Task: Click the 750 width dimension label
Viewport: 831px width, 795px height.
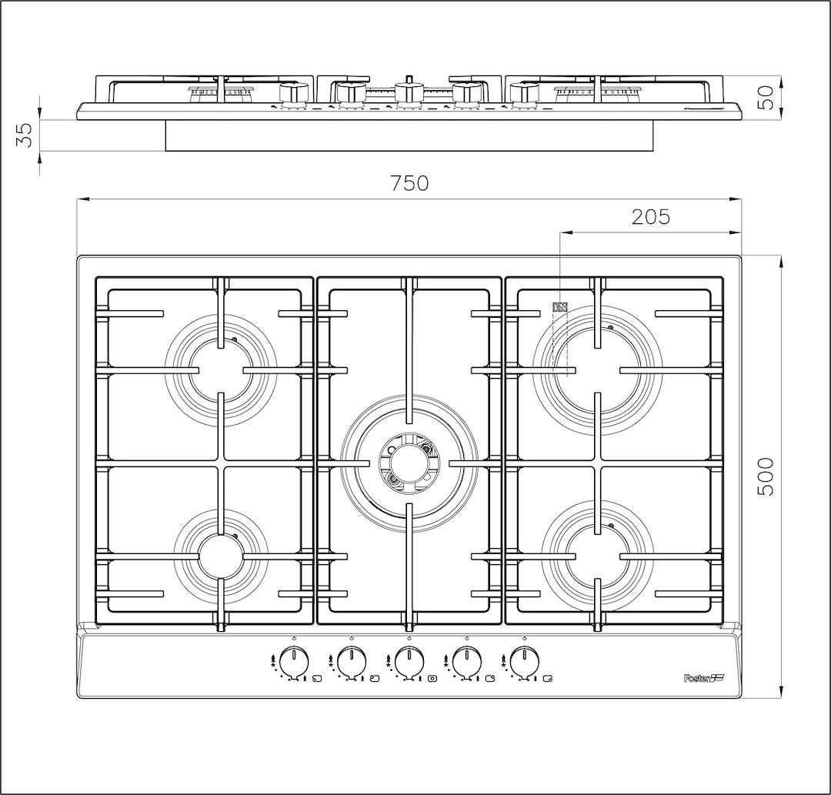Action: pyautogui.click(x=409, y=183)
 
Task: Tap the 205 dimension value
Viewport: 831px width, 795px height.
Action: pyautogui.click(x=651, y=216)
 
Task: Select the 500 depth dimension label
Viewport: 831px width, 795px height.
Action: pyautogui.click(x=766, y=476)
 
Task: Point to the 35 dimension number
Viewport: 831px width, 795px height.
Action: pyautogui.click(x=25, y=135)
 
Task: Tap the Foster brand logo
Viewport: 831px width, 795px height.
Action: pyautogui.click(x=703, y=678)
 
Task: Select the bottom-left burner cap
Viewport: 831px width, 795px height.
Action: pyautogui.click(x=221, y=557)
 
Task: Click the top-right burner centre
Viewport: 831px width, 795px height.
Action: pyautogui.click(x=597, y=370)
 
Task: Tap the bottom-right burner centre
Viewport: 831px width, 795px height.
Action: pyautogui.click(x=597, y=557)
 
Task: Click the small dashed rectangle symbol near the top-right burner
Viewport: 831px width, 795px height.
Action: pyautogui.click(x=560, y=307)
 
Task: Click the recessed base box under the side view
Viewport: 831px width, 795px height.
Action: pyautogui.click(x=409, y=135)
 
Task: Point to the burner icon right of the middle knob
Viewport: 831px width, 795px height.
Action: pyautogui.click(x=433, y=678)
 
